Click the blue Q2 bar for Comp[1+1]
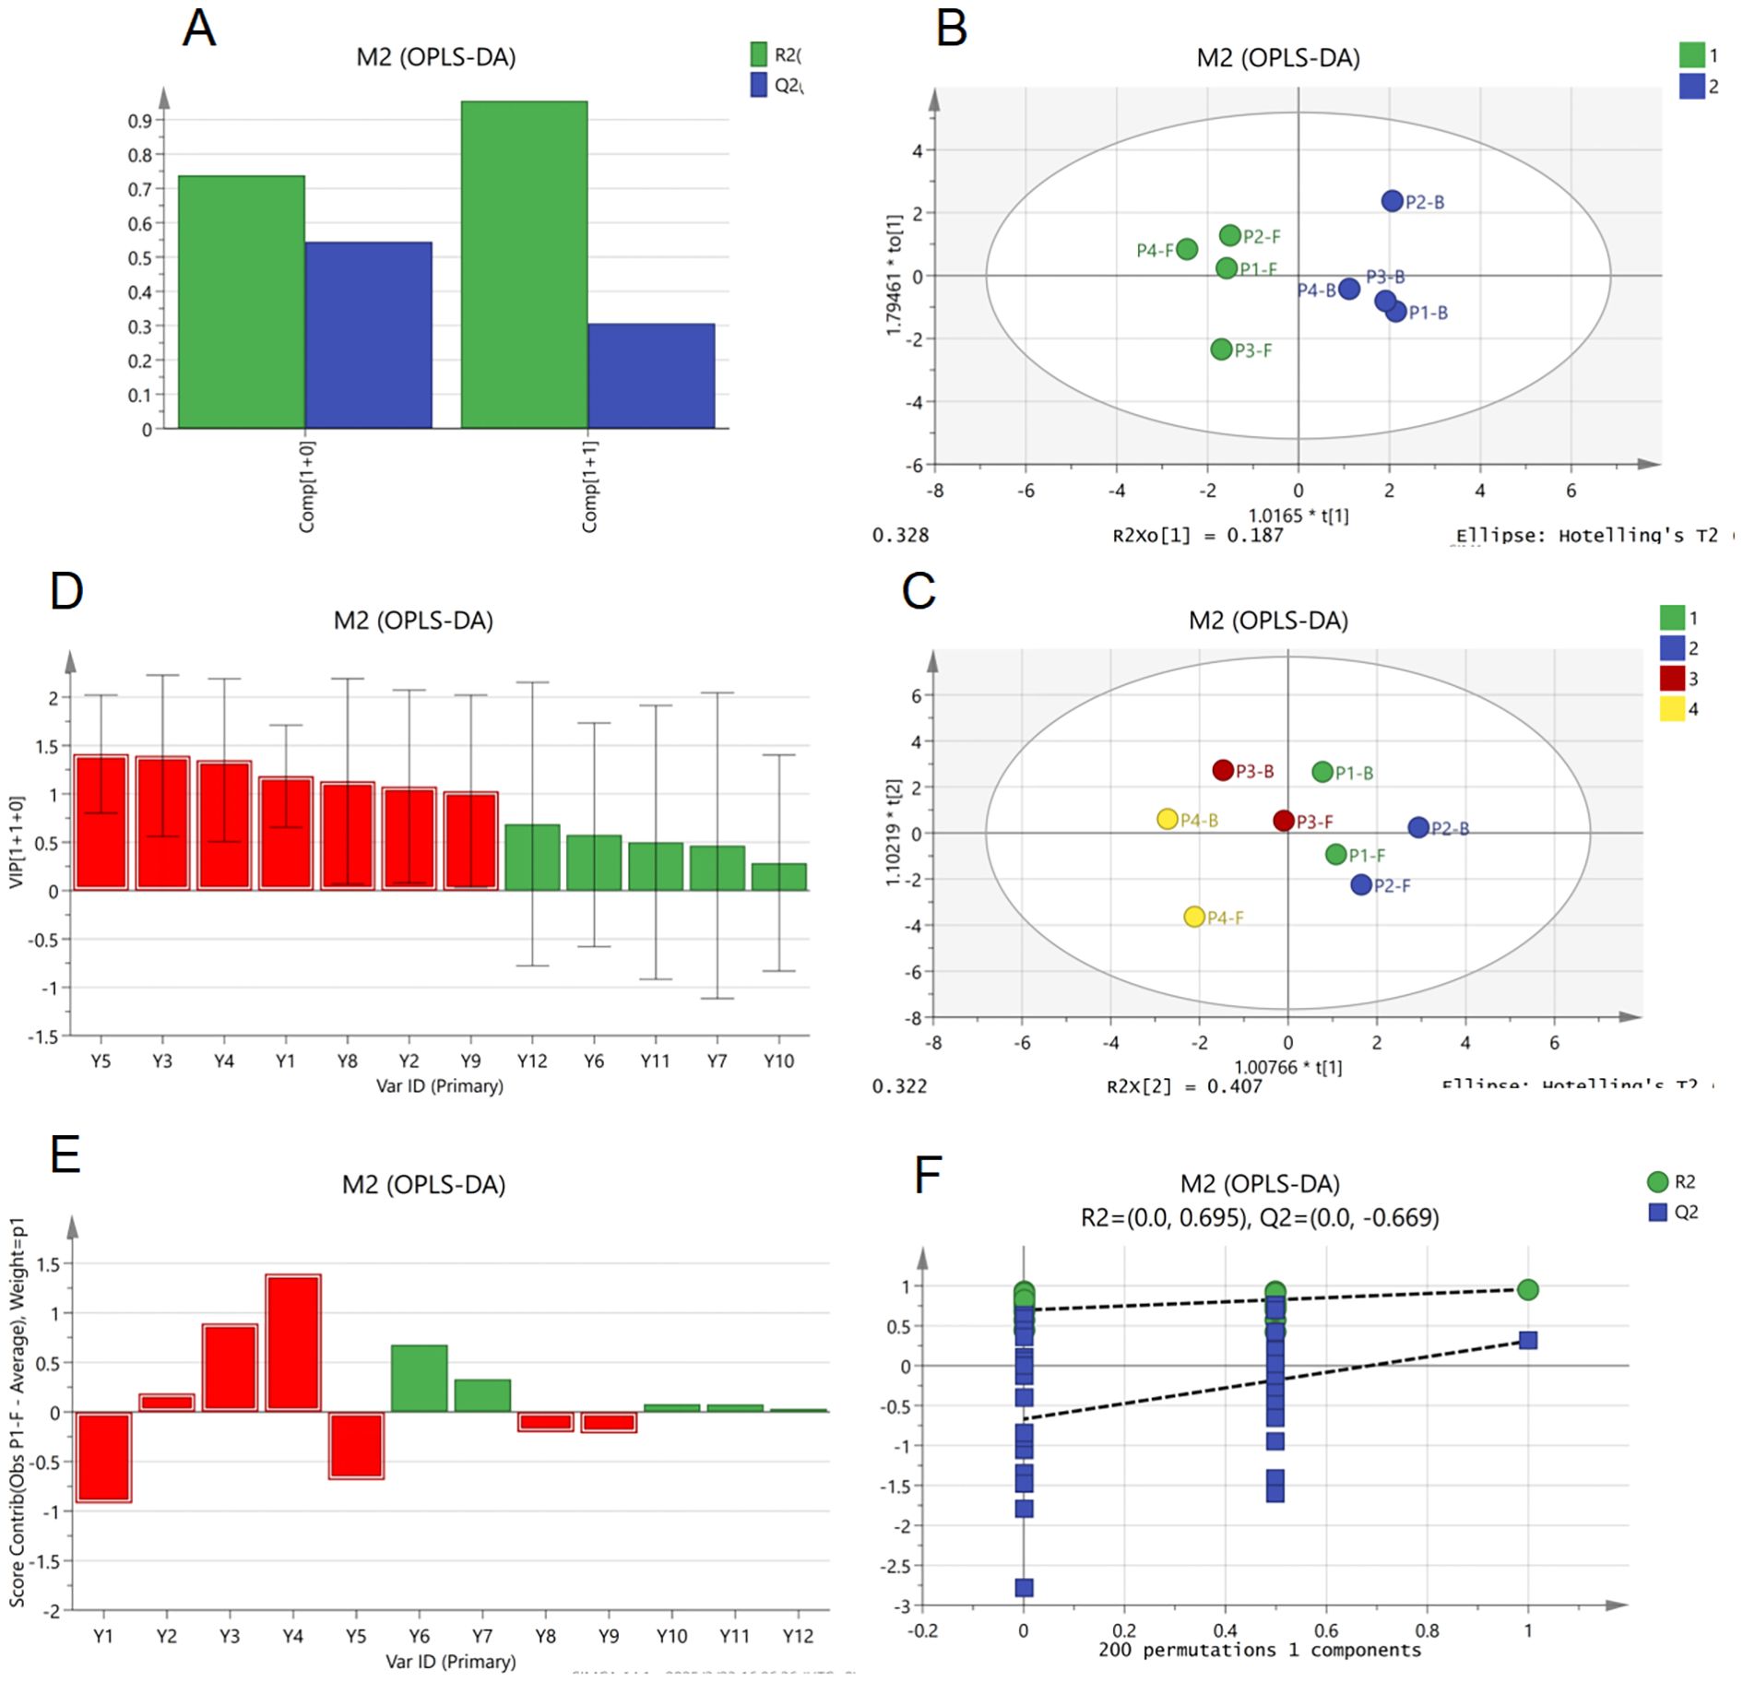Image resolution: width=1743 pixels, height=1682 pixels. [x=651, y=376]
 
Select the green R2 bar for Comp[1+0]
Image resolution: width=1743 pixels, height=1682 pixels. [x=241, y=302]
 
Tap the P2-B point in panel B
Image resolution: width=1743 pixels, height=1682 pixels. [x=1392, y=201]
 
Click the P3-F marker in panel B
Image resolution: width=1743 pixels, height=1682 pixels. [x=1221, y=349]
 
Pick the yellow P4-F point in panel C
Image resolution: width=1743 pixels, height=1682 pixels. [x=1194, y=917]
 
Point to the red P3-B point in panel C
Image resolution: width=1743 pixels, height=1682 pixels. [x=1223, y=770]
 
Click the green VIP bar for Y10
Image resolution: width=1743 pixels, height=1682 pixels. [x=779, y=877]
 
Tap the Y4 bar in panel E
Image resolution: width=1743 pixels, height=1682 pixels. [x=292, y=1344]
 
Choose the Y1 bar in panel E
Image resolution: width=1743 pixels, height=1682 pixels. [x=103, y=1457]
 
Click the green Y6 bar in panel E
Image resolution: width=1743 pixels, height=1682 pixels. [x=419, y=1379]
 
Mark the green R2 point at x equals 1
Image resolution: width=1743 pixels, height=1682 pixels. [x=1527, y=1290]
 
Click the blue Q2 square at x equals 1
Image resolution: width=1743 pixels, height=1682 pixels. [x=1527, y=1340]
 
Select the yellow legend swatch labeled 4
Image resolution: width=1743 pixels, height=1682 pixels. [x=1672, y=709]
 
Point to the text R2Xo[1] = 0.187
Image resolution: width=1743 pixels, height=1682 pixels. [x=1197, y=536]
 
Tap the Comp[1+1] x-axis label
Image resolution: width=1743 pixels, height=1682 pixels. [x=590, y=486]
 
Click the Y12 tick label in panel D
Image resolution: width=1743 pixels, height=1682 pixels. [x=532, y=1061]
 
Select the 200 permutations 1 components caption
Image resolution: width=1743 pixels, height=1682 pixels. [x=1259, y=1650]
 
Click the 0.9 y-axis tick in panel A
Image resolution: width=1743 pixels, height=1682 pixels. [x=139, y=121]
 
